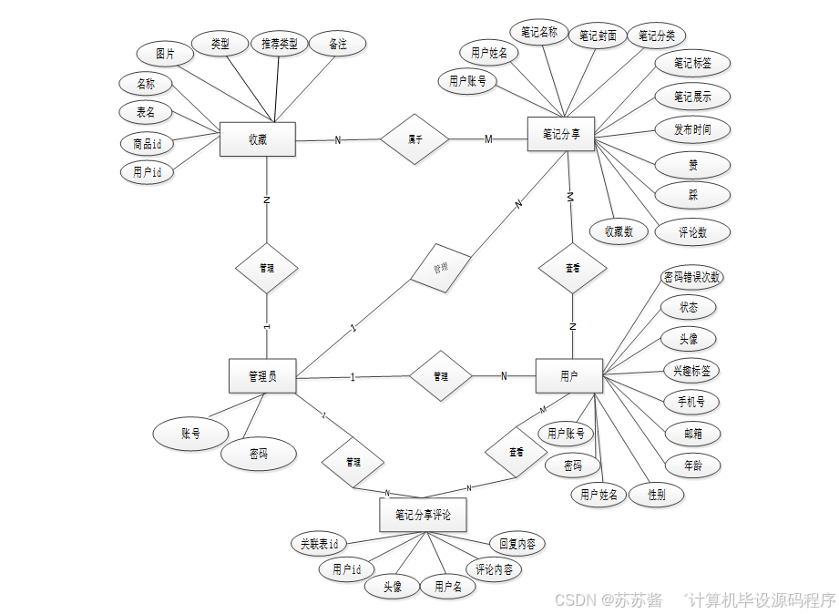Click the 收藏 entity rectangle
click(258, 139)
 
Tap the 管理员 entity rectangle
click(262, 375)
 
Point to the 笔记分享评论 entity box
click(423, 515)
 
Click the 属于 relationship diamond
click(414, 139)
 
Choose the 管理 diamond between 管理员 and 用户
click(441, 375)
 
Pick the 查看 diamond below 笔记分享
click(572, 269)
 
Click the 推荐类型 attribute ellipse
click(280, 44)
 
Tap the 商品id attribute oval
click(147, 144)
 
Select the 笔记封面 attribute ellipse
click(599, 36)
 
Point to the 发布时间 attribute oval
click(692, 129)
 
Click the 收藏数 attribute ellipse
click(619, 231)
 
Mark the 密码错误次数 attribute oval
click(692, 277)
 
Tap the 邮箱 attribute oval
click(692, 434)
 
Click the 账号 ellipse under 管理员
click(189, 435)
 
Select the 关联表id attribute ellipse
click(319, 544)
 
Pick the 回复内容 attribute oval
click(517, 544)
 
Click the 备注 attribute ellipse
click(337, 44)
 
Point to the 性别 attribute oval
click(656, 495)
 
